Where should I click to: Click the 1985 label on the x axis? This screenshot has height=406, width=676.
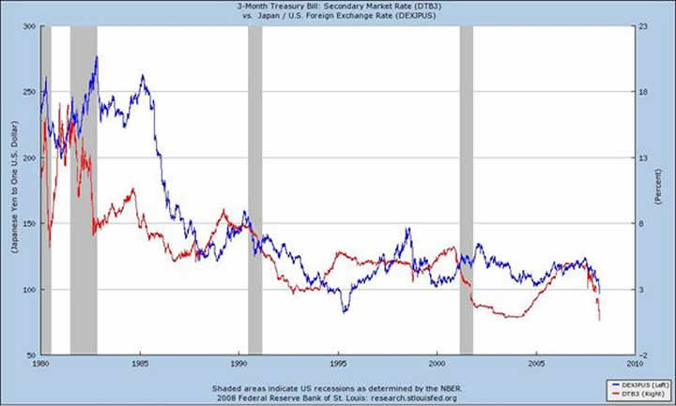point(140,363)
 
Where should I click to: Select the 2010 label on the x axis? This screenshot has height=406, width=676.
point(635,363)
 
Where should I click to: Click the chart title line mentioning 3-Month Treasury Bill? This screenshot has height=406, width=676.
point(338,6)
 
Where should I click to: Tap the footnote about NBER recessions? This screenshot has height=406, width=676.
point(338,387)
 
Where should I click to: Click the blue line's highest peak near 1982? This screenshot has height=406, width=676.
point(96,57)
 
